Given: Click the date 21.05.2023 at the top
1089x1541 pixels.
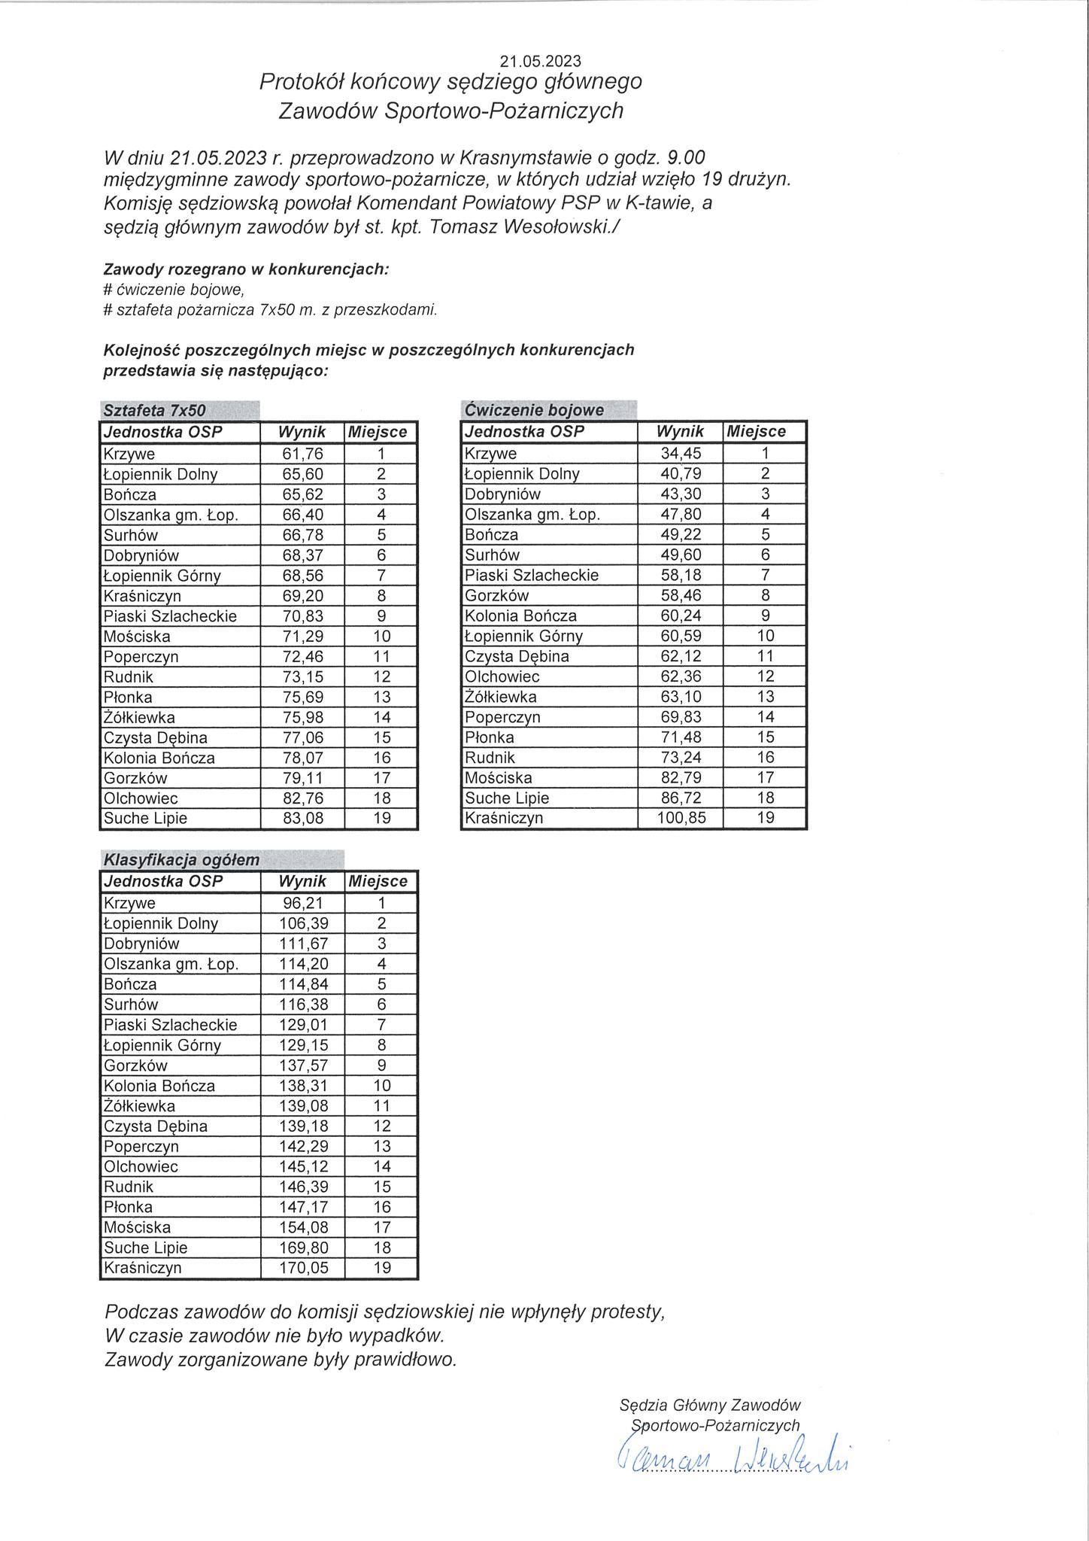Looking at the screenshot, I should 540,61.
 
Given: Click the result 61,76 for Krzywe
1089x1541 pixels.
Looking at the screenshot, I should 302,454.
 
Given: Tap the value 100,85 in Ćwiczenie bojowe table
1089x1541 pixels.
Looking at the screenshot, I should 681,818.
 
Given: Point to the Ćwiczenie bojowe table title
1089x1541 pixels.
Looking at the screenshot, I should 534,410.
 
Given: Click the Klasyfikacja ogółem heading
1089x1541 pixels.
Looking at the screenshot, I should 181,860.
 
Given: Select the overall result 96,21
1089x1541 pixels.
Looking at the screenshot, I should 302,903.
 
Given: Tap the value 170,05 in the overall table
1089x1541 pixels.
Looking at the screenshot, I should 302,1268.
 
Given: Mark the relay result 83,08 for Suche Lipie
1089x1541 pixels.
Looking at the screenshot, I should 302,818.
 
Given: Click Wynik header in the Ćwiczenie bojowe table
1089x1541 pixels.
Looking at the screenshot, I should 680,432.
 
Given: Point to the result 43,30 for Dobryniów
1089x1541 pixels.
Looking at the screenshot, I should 681,494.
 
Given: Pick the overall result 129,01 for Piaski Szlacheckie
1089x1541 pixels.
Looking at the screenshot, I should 302,1025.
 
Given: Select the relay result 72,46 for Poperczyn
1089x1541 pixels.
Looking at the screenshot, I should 302,656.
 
